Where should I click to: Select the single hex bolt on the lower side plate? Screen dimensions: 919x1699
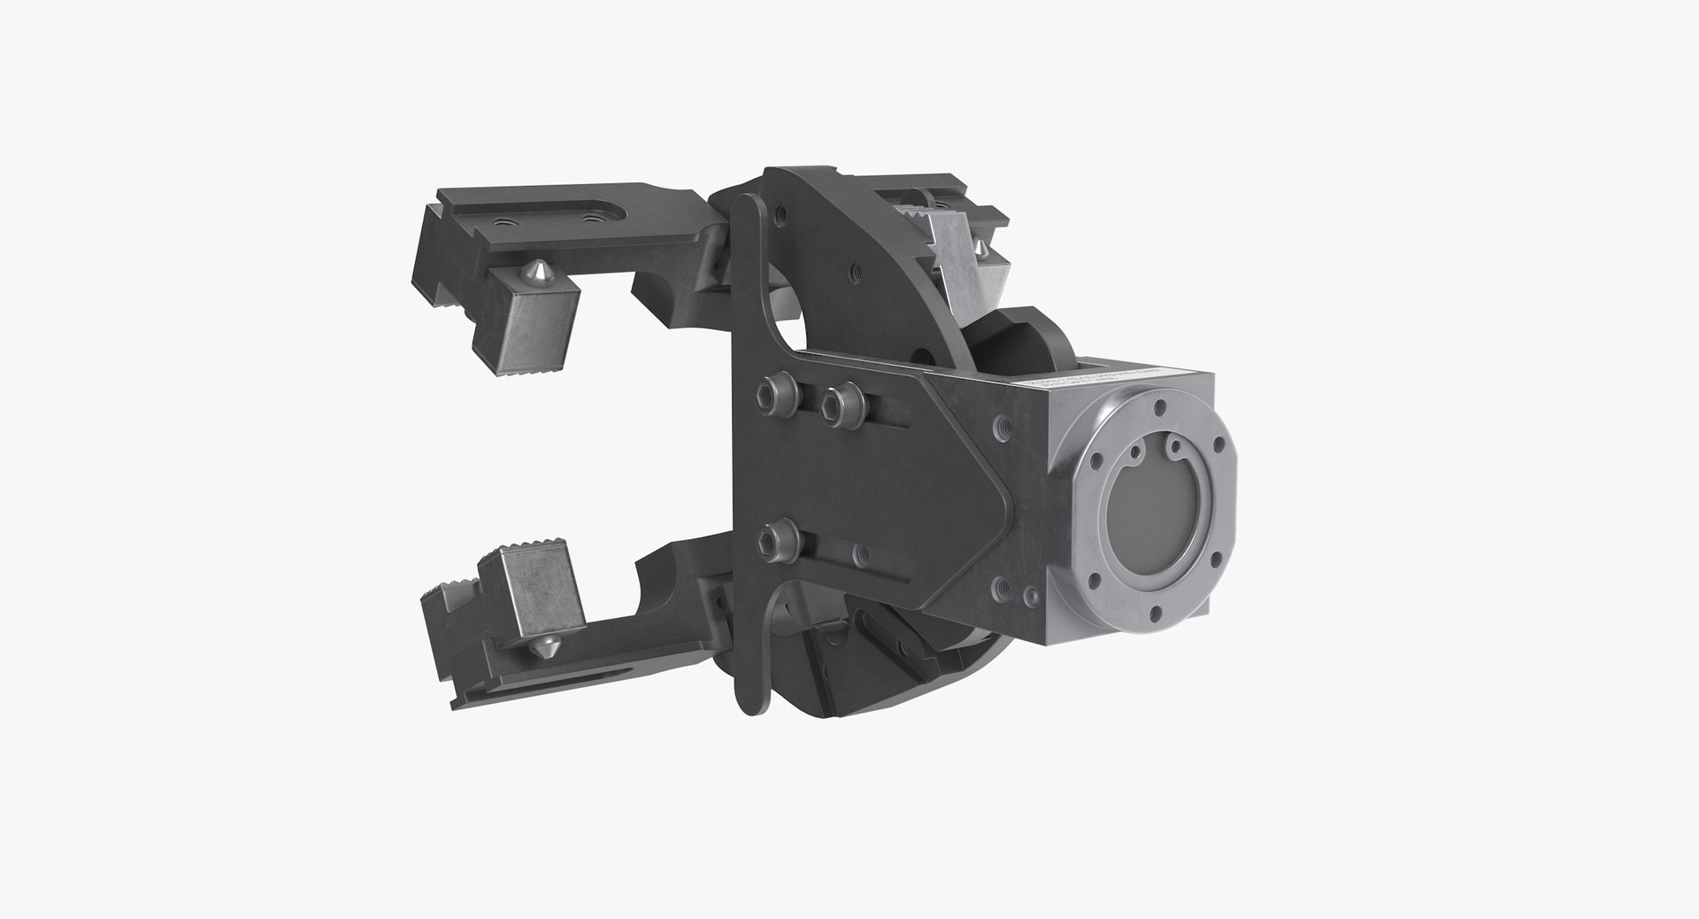(777, 535)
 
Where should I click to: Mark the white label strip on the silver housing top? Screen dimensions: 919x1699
(1090, 382)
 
